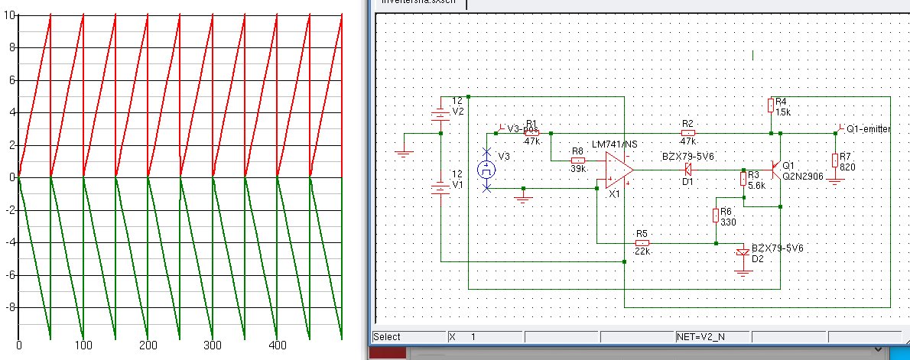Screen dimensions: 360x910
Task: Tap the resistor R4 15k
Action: (770, 106)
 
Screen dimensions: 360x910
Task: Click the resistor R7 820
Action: (835, 160)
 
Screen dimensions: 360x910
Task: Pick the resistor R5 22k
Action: (642, 243)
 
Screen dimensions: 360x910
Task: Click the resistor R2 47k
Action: (687, 133)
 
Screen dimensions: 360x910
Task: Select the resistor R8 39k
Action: (577, 161)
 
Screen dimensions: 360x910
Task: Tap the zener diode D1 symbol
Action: (687, 170)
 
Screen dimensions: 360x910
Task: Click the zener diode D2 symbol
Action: (742, 253)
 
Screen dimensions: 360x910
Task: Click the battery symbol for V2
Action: (440, 115)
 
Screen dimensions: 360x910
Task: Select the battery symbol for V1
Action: (440, 188)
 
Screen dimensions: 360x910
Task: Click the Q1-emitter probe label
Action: (867, 129)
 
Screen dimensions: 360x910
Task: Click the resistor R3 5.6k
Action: (743, 179)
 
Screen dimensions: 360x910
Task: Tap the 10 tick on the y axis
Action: (8, 15)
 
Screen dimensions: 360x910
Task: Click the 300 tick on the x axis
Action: (213, 345)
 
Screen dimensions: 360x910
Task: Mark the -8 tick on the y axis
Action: (8, 307)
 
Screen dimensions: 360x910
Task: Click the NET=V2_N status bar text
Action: (702, 336)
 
